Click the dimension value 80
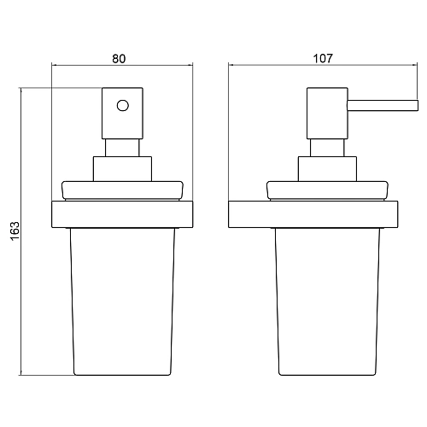click(119, 59)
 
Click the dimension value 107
click(323, 58)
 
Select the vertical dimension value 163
click(15, 231)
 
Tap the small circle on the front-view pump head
click(123, 106)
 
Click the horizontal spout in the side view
click(383, 105)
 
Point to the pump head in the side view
click(327, 114)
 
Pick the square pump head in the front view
click(122, 114)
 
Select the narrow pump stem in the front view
click(122, 148)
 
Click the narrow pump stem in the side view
click(327, 148)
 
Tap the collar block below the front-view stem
click(122, 169)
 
